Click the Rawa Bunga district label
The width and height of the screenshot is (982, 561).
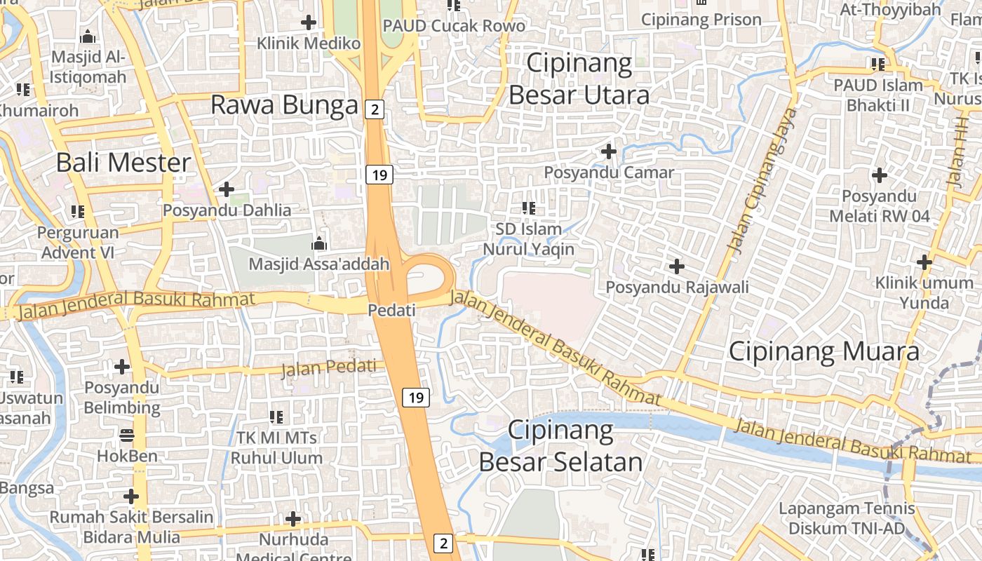284,105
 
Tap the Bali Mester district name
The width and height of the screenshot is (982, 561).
123,163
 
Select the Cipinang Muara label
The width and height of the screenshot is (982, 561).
824,351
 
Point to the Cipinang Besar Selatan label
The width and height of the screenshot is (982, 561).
560,446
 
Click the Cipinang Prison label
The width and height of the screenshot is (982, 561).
701,20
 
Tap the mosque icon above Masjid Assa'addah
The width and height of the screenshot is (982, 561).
319,244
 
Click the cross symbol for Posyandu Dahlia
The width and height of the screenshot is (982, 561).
227,189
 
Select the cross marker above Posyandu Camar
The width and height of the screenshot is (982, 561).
609,151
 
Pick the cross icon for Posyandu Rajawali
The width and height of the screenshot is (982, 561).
677,266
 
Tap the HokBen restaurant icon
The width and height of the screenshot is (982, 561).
127,435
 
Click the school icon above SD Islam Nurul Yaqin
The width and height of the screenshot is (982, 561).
529,208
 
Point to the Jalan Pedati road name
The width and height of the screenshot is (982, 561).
328,367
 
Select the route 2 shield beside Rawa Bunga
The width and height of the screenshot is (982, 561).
375,109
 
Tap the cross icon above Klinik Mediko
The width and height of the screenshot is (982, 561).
308,22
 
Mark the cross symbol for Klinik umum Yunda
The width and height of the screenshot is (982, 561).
924,263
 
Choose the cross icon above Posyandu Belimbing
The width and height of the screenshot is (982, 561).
122,366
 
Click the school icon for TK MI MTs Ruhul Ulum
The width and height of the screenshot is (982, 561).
276,417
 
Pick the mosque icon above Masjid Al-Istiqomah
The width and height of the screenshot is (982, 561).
88,36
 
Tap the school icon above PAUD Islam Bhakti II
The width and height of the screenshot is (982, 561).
877,65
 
